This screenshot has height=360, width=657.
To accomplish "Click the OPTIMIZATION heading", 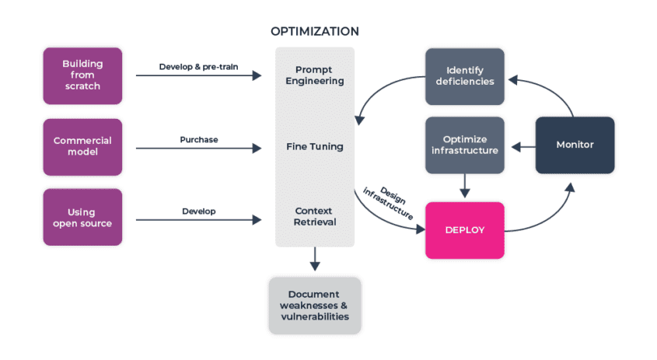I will point(314,32).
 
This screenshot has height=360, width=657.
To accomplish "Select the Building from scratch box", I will point(82,75).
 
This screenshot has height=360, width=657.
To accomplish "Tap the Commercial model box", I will point(82,146).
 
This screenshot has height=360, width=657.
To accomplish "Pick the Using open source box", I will point(82,217).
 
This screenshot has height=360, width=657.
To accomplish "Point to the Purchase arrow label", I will point(199,139).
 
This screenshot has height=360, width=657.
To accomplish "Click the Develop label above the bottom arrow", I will point(199,211).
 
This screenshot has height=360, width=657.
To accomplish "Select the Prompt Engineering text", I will point(314,75).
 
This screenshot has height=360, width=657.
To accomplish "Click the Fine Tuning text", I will point(314,146).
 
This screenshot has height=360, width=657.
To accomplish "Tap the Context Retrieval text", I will point(314,217).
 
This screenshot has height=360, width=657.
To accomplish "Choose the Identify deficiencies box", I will point(465,75).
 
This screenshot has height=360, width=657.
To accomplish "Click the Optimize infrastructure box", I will point(465,145).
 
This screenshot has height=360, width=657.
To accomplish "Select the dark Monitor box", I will point(575,145).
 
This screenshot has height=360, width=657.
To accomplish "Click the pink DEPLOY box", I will point(465,230).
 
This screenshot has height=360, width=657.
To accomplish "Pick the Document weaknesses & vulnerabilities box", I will point(314,305).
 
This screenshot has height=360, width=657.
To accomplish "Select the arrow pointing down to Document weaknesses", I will point(314,260).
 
